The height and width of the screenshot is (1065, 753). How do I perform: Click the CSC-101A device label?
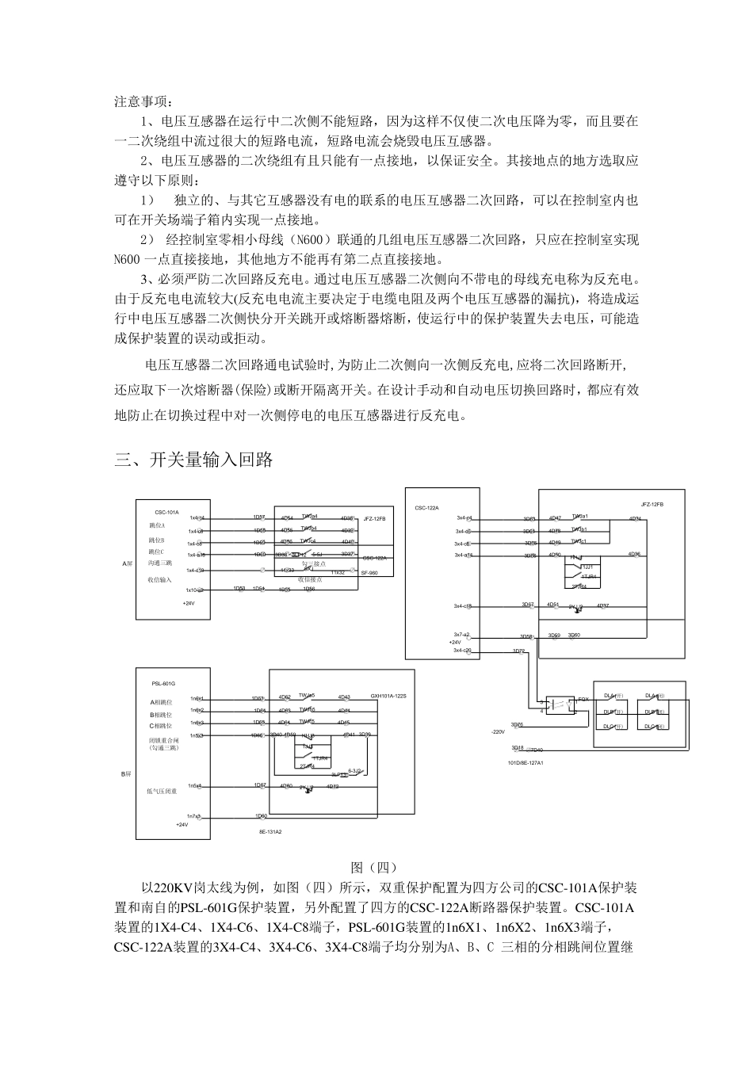click(166, 513)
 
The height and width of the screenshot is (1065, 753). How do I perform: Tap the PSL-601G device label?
click(162, 682)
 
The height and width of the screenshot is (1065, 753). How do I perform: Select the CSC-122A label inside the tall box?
click(426, 507)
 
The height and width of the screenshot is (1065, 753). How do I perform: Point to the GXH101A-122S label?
click(388, 696)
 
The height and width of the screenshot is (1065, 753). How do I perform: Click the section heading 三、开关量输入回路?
click(194, 460)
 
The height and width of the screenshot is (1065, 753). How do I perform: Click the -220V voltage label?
click(498, 731)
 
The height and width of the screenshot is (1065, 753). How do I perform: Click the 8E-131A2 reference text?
click(270, 832)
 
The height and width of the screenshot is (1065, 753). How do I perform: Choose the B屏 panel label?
click(125, 773)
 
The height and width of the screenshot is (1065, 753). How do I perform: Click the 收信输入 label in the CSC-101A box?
click(159, 579)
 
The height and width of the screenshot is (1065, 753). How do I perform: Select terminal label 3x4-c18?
click(463, 606)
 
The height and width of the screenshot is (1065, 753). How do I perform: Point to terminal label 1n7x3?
click(194, 815)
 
